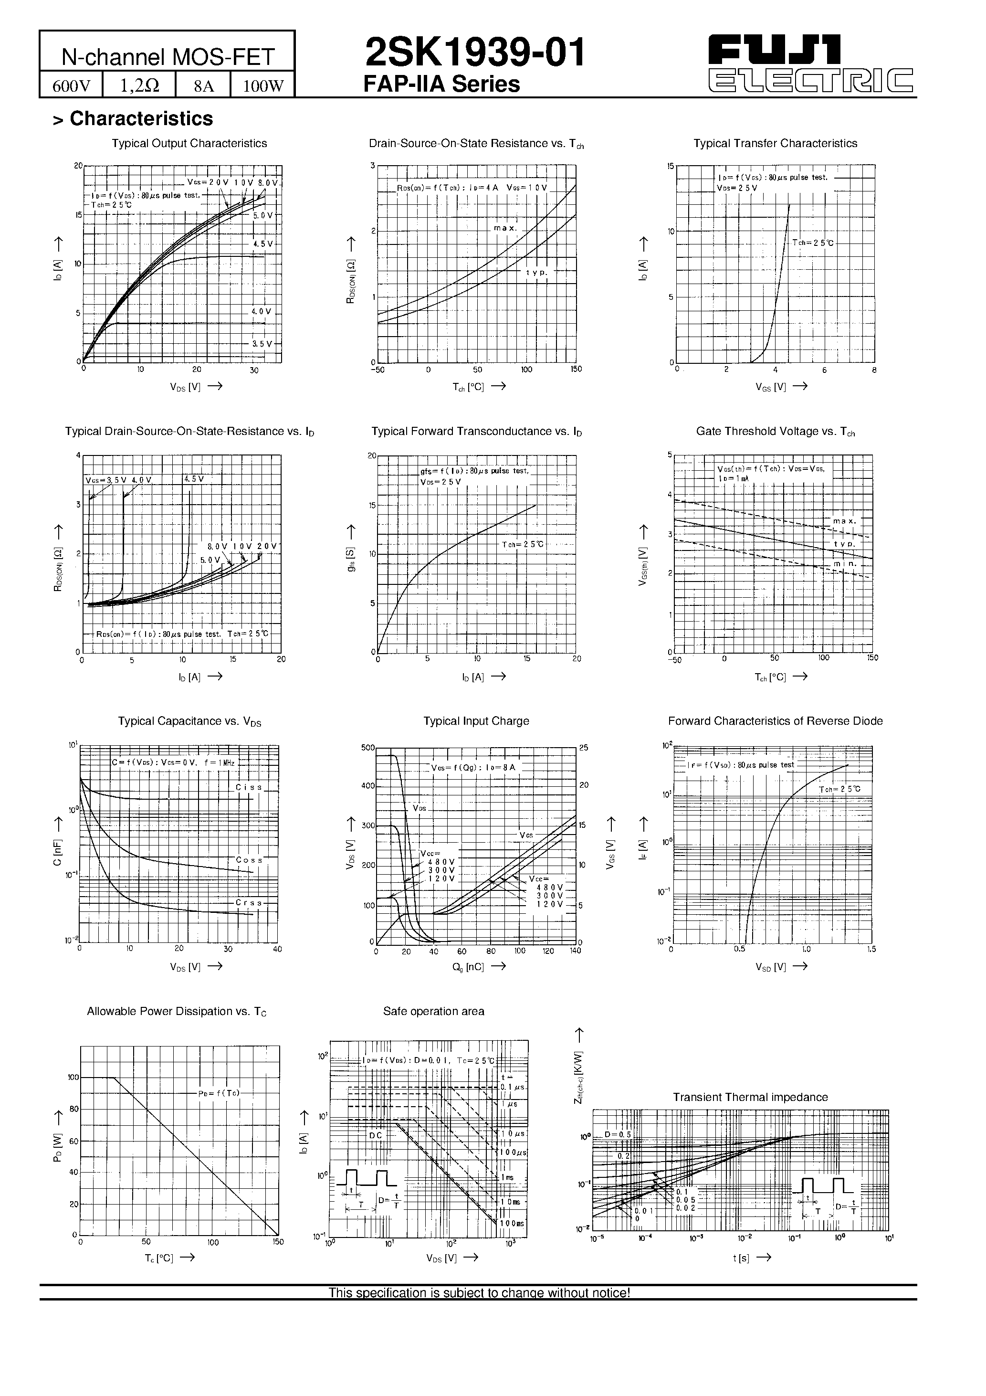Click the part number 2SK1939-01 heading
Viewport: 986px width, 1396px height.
[x=475, y=53]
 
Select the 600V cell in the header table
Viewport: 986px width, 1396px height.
[x=71, y=86]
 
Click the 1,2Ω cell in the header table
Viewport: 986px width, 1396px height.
[x=139, y=86]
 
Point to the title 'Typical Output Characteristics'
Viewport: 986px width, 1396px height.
[x=189, y=144]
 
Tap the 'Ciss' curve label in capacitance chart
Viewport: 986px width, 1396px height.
[x=249, y=787]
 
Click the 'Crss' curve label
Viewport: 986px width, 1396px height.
[x=249, y=903]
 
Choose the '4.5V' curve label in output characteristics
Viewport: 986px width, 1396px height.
[x=263, y=244]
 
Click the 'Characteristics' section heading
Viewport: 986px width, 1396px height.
[x=141, y=118]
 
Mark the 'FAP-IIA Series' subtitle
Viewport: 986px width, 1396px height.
[x=441, y=85]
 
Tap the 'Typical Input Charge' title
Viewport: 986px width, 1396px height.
[x=476, y=721]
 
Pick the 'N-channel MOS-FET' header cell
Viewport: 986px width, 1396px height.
[x=167, y=57]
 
